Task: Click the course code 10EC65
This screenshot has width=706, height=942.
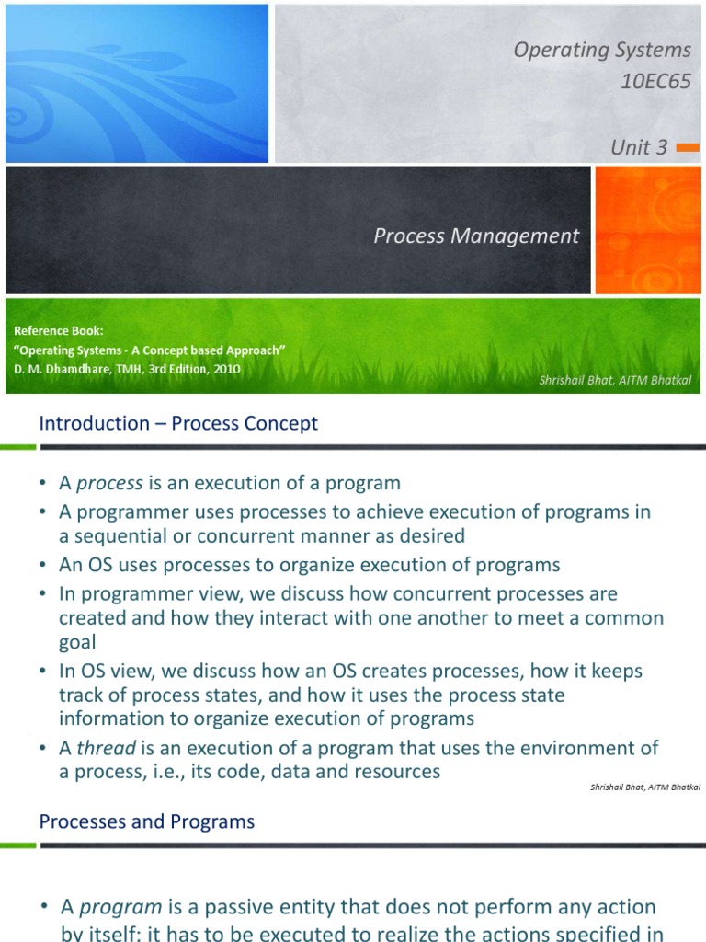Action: tap(655, 82)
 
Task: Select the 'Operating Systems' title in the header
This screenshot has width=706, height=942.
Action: tap(601, 50)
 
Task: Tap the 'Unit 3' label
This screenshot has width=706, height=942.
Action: tap(639, 147)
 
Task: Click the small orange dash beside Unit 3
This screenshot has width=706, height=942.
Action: tap(687, 147)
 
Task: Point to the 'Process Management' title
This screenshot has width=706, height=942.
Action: tap(476, 236)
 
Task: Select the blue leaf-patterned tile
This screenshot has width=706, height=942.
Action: tap(137, 82)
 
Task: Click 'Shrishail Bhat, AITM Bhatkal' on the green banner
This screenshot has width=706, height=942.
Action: tap(614, 381)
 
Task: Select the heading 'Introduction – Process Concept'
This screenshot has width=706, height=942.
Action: tap(178, 423)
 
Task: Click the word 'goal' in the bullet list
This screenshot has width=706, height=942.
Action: tap(77, 642)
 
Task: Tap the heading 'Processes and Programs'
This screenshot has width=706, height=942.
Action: tap(147, 821)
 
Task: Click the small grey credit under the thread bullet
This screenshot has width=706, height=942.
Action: tap(638, 787)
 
